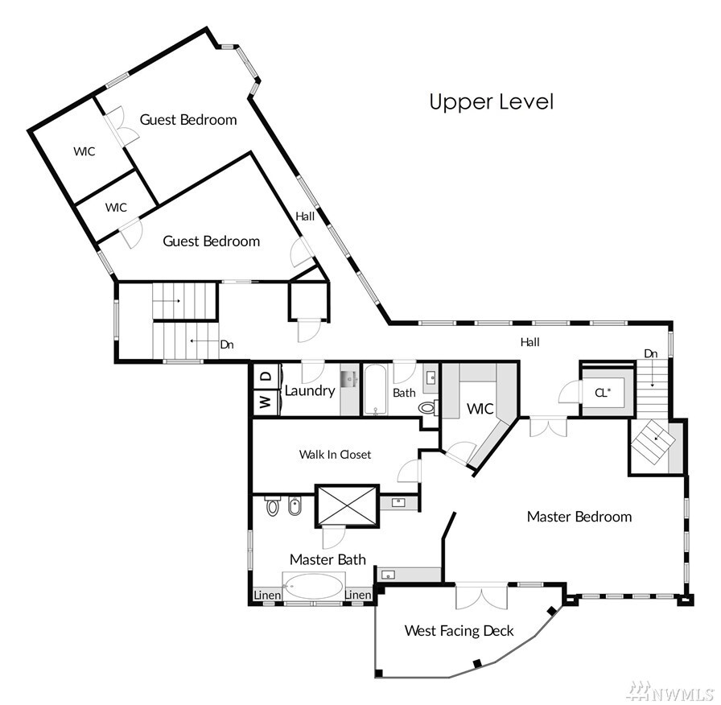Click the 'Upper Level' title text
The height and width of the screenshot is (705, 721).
491,102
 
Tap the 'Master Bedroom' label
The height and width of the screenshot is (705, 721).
579,517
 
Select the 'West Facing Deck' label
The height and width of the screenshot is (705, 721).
459,630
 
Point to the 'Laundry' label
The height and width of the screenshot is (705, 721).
310,391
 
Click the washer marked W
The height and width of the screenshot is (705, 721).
266,402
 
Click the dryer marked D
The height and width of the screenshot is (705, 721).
266,377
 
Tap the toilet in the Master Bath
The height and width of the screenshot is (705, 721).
273,506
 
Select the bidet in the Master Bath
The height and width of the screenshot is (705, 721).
294,506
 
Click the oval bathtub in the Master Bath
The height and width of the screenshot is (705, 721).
314,586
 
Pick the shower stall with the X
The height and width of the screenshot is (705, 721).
347,505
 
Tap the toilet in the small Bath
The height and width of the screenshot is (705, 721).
428,407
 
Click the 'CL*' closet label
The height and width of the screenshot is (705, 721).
603,393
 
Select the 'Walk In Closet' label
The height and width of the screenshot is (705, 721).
335,455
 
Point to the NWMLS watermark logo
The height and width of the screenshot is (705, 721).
671,691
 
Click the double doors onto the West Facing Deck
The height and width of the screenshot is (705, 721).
481,596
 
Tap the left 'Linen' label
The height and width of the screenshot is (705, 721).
267,595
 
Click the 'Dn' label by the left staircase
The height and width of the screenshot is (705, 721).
227,344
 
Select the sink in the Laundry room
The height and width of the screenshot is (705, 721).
349,379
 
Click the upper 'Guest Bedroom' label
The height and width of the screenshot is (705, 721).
188,120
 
